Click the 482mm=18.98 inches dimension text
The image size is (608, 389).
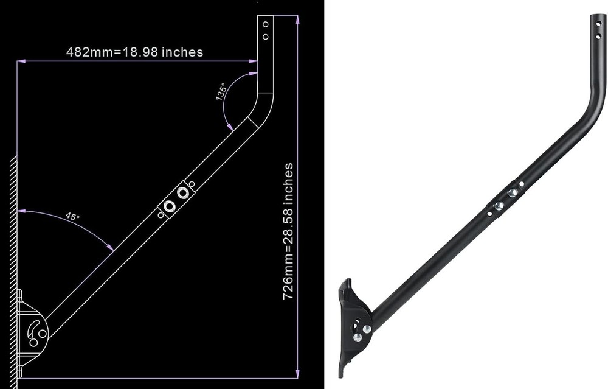point(134,52)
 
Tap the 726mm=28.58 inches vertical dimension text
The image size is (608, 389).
point(288,231)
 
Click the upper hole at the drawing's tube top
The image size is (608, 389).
point(265,25)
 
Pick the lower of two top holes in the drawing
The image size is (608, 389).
point(265,37)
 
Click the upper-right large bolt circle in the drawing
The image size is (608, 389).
point(182,194)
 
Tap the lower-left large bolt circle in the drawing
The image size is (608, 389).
point(170,206)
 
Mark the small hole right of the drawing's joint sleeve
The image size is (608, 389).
point(192,184)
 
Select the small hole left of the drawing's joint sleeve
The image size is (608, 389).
point(161,214)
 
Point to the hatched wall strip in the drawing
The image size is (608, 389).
point(13,268)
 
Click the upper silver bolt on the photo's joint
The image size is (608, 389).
point(513,192)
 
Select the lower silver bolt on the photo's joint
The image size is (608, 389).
point(499,206)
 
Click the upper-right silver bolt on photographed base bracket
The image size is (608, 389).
point(367,329)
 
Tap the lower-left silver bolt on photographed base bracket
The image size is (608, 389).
point(358,337)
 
